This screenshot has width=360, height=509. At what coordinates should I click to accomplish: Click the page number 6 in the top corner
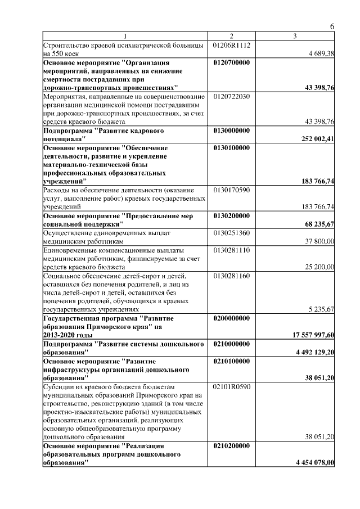(332, 27)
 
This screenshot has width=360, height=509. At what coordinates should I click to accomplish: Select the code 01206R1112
(232, 44)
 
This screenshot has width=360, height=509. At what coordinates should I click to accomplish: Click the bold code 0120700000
(232, 62)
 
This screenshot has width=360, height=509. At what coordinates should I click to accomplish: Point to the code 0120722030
(232, 97)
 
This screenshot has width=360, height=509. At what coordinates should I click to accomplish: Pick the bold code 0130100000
(232, 148)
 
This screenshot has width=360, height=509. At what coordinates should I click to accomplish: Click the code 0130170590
(232, 190)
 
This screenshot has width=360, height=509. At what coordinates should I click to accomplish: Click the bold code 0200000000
(232, 318)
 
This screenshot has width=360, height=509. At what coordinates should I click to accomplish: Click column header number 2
(231, 37)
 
